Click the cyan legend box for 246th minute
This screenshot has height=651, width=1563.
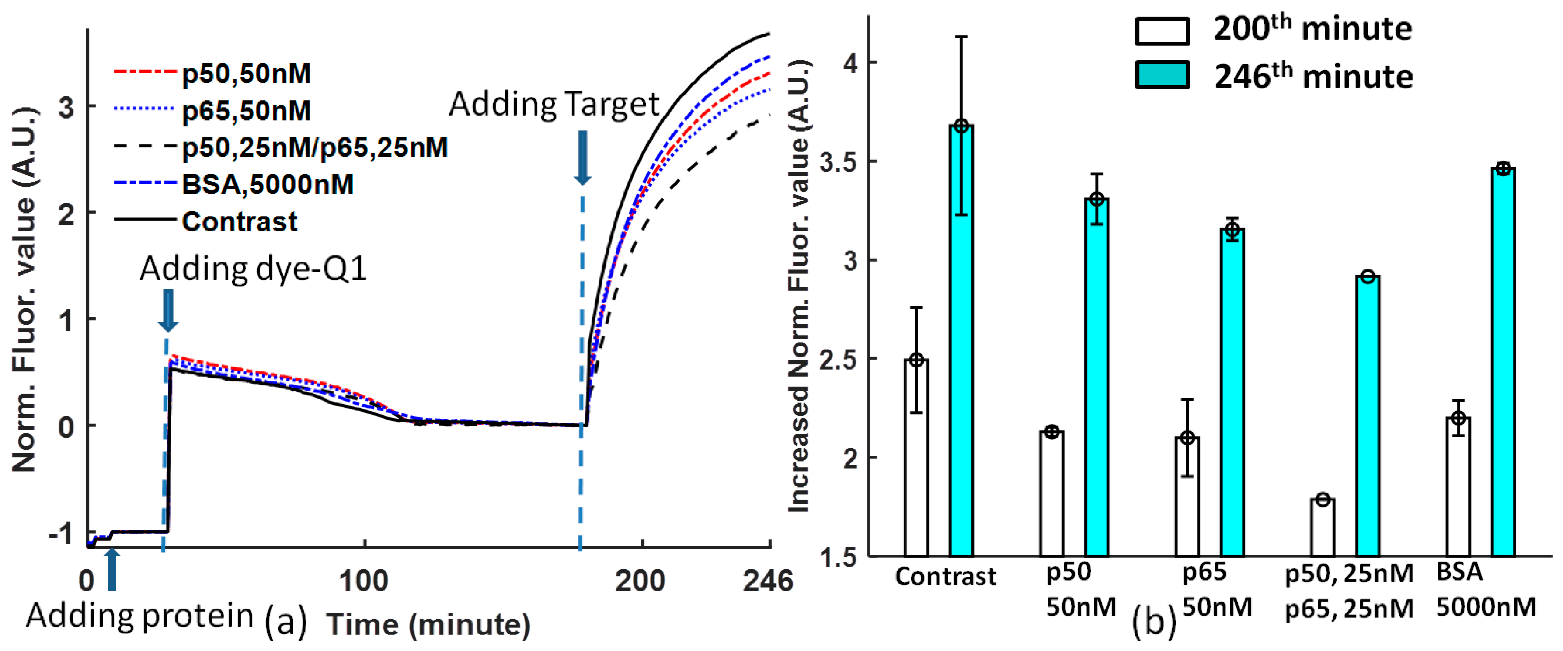coord(1162,75)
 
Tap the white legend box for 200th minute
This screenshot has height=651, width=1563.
coord(1162,30)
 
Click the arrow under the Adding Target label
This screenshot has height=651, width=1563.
coord(582,158)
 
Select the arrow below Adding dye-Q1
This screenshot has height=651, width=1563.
coord(168,310)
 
